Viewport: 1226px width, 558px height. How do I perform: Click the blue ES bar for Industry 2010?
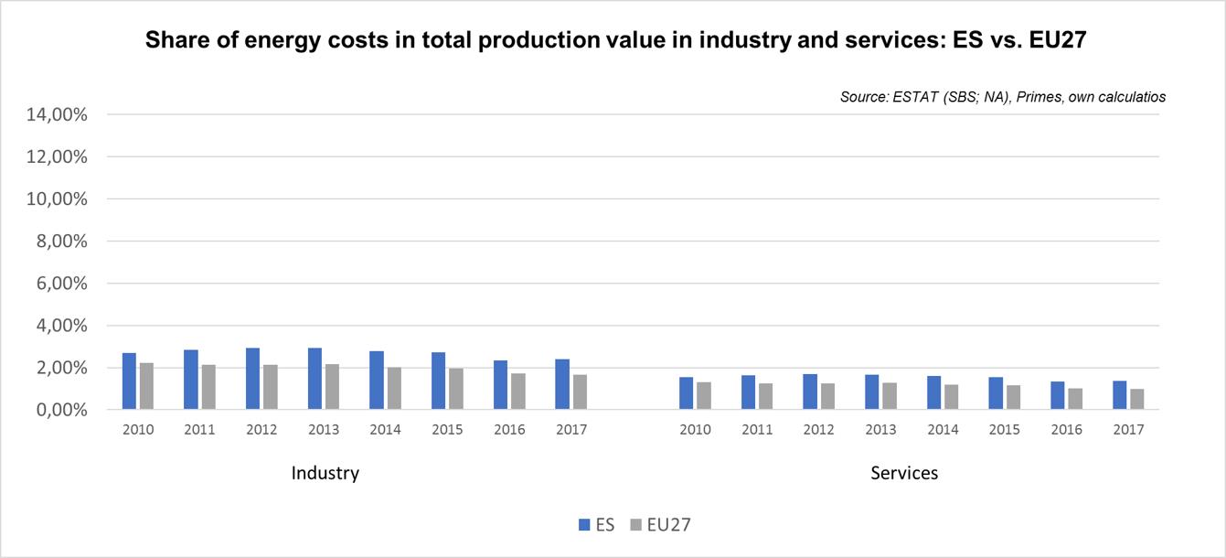pos(129,381)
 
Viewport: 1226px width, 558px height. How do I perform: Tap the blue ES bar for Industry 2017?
pos(562,384)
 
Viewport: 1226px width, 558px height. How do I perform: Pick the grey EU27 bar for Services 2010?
pos(704,396)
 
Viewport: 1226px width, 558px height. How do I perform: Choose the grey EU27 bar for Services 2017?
pos(1137,400)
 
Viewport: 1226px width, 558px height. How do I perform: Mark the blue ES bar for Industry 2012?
pos(252,379)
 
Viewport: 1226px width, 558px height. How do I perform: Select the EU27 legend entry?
pos(666,525)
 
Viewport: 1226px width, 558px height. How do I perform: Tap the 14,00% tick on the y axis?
pos(58,115)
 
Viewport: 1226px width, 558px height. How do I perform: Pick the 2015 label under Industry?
pos(447,430)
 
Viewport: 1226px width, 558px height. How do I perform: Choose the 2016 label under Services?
pos(1066,430)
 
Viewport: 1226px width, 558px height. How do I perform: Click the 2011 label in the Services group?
pos(756,430)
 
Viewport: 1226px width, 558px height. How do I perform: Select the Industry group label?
pos(325,473)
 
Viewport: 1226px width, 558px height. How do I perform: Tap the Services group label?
pos(904,473)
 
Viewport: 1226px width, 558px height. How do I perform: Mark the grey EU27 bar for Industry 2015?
pos(456,389)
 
